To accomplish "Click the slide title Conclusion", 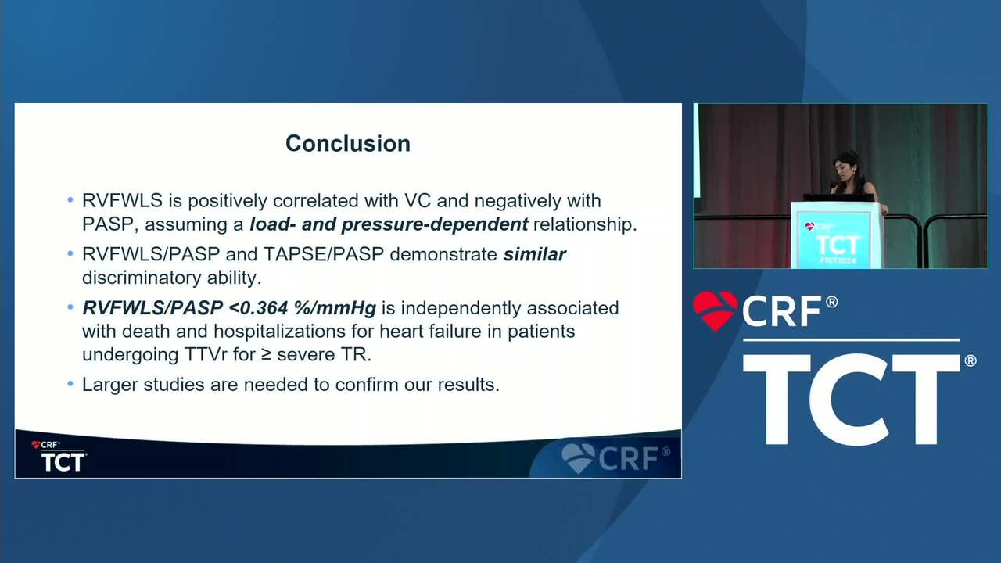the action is click(x=348, y=143).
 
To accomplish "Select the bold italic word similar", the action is click(x=534, y=254).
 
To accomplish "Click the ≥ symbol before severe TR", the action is click(x=267, y=355).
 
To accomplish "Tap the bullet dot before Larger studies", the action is click(x=70, y=384).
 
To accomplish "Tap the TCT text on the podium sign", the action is click(x=838, y=245).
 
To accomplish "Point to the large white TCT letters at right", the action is click(x=852, y=399).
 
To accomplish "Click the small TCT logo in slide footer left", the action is click(x=63, y=461).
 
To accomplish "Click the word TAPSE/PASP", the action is click(x=324, y=254).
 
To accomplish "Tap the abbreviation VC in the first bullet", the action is click(x=418, y=201).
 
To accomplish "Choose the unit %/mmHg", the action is click(x=335, y=308).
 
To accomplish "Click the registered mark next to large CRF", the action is click(x=831, y=302).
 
